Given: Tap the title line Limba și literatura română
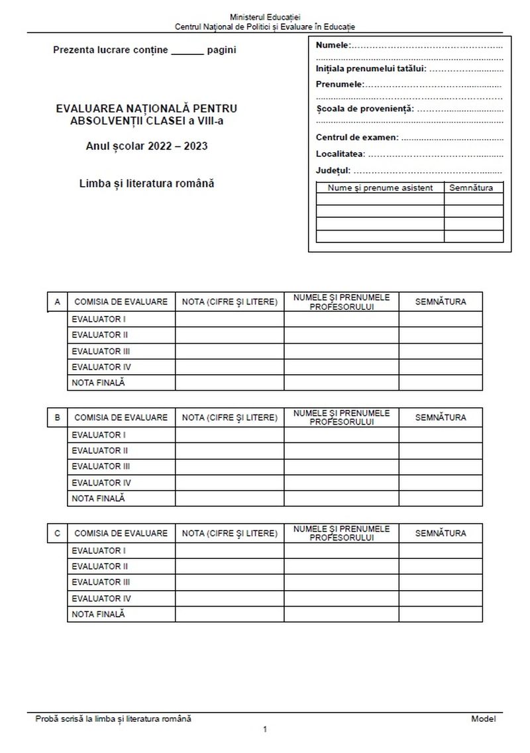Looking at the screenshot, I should [146, 183].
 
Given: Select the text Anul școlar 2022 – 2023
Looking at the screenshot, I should [146, 146].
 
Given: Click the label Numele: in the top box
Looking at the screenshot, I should [333, 46].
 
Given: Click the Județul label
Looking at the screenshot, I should [333, 170].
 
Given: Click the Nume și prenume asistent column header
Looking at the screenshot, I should [380, 188].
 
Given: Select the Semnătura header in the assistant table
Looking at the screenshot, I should [471, 188].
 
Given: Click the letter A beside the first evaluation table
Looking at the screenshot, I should [58, 302].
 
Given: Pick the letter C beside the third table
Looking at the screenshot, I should [58, 533].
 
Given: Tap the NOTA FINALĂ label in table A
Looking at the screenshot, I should [98, 382].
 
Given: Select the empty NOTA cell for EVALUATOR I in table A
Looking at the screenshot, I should [229, 319].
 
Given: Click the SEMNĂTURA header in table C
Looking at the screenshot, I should [441, 533].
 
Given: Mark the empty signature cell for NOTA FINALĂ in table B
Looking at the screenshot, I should [441, 498].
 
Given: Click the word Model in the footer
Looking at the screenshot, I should [483, 719].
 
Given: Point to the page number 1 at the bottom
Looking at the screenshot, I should [265, 730].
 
